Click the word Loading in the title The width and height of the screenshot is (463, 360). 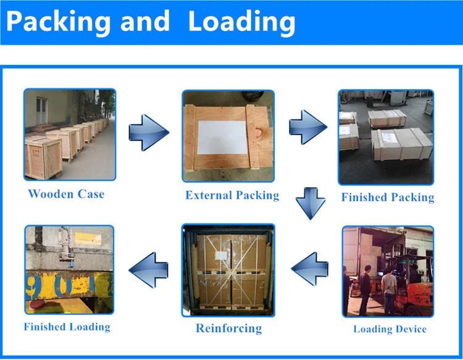pos(241,22)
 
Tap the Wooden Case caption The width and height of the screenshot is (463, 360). pos(66,194)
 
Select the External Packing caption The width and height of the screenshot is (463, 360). pos(232,195)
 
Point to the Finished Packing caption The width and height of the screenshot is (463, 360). pos(388,198)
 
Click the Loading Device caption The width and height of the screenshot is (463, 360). pos(390,329)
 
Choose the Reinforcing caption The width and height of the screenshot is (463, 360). pos(228,328)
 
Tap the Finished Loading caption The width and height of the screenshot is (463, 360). pos(67,326)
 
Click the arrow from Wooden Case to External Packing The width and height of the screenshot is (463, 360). pos(148,132)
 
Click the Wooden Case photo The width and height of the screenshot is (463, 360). pos(69,135)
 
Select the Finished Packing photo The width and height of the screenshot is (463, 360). pos(386,136)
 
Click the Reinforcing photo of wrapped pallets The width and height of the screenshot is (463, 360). pos(228,270)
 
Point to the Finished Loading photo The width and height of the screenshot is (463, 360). pos(69,269)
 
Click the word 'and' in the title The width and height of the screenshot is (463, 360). pos(144,22)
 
